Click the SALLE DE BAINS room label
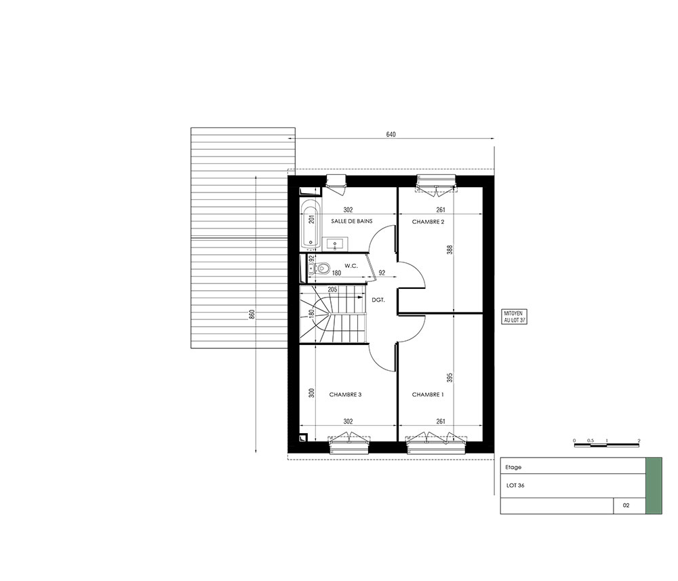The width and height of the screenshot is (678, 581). tap(351, 221)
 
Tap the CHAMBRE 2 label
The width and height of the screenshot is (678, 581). tap(428, 222)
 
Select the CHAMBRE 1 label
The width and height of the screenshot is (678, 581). tap(428, 395)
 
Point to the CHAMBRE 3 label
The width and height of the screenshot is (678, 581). tap(345, 395)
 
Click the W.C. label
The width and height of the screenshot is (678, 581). tap(351, 266)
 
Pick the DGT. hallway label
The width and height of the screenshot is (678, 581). tap(378, 300)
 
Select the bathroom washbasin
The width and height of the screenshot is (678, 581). tap(335, 244)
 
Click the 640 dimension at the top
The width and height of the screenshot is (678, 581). tap(391, 134)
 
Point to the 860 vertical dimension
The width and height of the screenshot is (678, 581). tap(252, 315)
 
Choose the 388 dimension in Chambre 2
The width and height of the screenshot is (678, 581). tap(450, 249)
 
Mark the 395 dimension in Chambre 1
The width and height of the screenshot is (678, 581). tap(450, 378)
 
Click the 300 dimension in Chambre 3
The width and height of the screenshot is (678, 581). tap(312, 393)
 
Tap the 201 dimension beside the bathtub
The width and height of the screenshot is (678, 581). tap(312, 219)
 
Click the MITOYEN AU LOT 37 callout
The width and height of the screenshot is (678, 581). tap(515, 317)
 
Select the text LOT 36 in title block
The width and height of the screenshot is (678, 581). tap(515, 485)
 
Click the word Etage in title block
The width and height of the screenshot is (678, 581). tap(513, 467)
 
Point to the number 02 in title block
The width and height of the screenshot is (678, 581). tap(626, 505)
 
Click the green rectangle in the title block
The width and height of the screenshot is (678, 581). tap(654, 486)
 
